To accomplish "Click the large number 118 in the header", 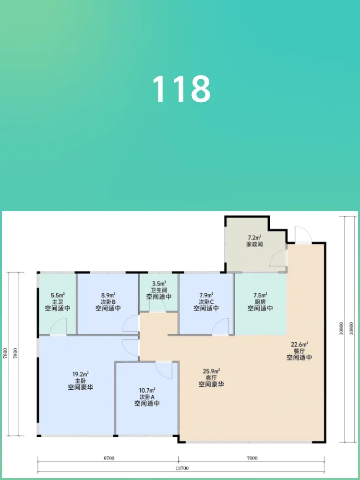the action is [x=181, y=89].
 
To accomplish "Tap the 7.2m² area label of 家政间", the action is [x=254, y=238].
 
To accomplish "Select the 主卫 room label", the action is [x=57, y=302].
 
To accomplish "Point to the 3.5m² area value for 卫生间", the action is [x=159, y=284].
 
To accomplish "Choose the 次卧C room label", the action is [x=206, y=302].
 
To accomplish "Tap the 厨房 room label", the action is [x=260, y=302].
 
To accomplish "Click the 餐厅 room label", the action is [x=299, y=351].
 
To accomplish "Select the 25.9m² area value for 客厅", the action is [x=212, y=372].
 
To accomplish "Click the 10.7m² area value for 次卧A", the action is [x=147, y=391].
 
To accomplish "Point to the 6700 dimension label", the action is [x=108, y=458].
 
